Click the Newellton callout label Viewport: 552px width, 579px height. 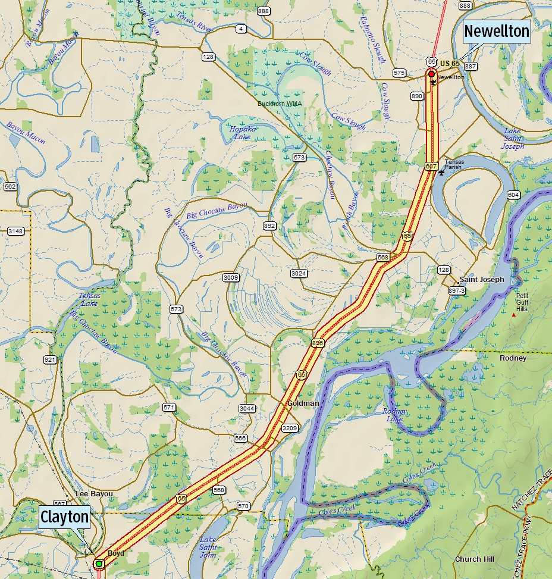point(496,31)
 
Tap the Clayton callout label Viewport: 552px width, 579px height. point(65,517)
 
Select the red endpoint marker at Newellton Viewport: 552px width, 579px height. point(431,74)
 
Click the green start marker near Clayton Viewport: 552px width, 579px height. point(99,563)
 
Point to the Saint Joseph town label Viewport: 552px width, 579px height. point(481,279)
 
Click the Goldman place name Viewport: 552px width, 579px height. point(303,403)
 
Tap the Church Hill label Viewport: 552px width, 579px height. point(475,559)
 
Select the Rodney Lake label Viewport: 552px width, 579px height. point(394,415)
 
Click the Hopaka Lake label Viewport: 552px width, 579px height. point(240,133)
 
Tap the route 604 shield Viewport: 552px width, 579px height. point(513,195)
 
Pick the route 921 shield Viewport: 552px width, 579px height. point(50,360)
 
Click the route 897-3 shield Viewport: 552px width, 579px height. point(457,290)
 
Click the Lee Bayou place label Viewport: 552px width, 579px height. point(94,494)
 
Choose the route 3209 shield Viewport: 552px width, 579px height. point(290,428)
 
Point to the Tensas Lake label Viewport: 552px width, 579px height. point(90,299)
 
